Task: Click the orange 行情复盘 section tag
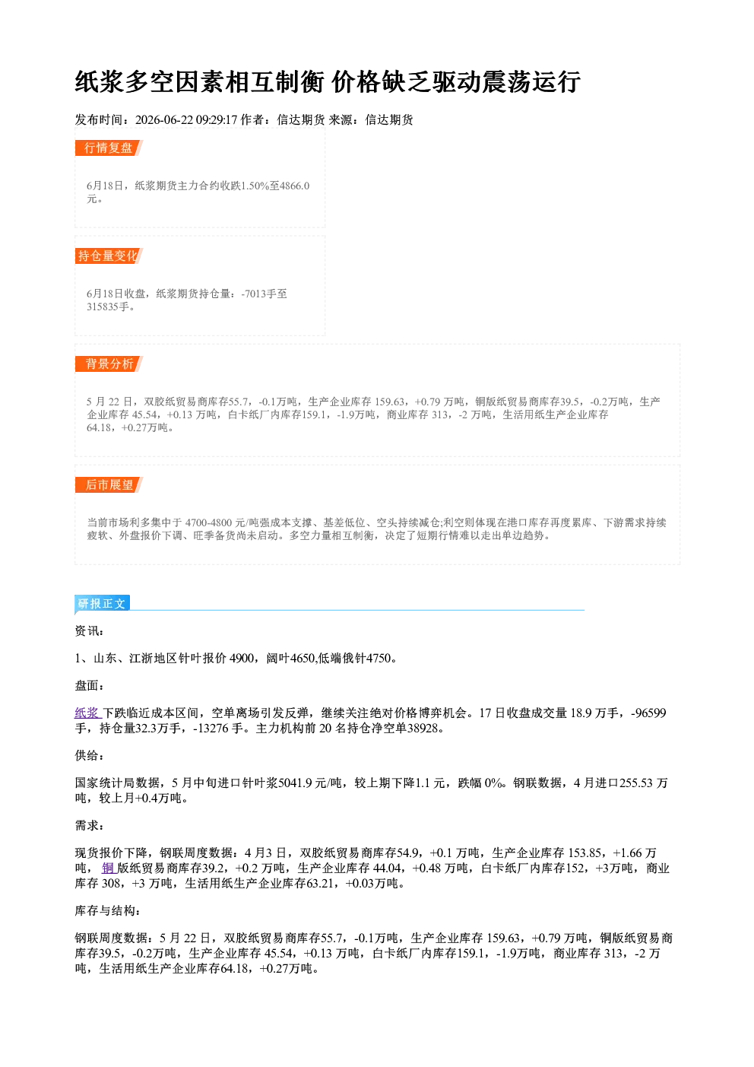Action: click(x=109, y=148)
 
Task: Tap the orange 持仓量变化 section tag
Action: click(x=109, y=256)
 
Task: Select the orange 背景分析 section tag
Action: click(x=109, y=364)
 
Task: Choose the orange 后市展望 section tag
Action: click(x=109, y=485)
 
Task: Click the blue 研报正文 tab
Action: click(x=102, y=604)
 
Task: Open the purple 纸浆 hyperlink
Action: click(x=87, y=713)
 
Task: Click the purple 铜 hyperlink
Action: click(x=108, y=868)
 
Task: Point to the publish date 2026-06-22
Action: click(x=164, y=119)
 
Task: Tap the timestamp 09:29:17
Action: click(x=217, y=119)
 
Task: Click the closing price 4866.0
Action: click(x=295, y=186)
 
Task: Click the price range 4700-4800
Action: click(x=209, y=522)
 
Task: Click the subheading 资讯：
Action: click(x=90, y=630)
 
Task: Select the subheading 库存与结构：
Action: click(x=108, y=910)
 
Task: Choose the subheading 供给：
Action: click(x=90, y=755)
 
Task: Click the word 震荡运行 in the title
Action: click(x=531, y=81)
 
